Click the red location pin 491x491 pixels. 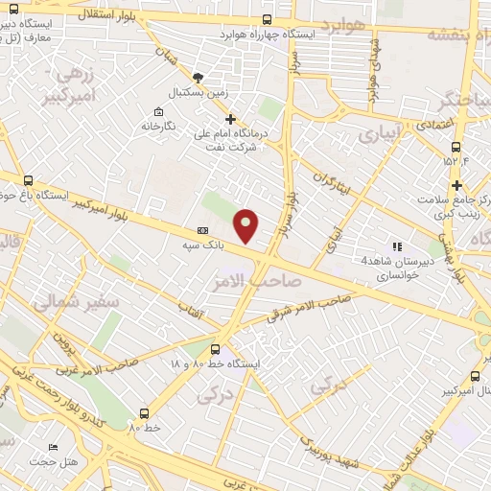click(246, 224)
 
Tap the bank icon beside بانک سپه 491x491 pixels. click(202, 231)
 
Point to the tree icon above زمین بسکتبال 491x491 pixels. click(198, 77)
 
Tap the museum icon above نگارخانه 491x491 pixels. click(158, 109)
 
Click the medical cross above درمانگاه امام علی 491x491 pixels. click(230, 118)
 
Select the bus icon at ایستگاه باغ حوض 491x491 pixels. click(27, 180)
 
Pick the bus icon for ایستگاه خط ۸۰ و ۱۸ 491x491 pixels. click(215, 350)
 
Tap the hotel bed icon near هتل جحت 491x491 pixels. click(53, 448)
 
